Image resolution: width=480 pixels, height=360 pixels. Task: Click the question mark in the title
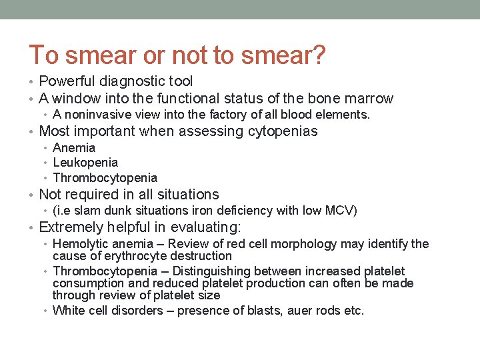[319, 55]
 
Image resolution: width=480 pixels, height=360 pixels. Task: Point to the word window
[74, 99]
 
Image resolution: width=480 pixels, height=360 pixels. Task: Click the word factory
[230, 115]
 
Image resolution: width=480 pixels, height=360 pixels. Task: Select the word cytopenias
[283, 131]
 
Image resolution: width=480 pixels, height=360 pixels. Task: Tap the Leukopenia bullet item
[85, 163]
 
